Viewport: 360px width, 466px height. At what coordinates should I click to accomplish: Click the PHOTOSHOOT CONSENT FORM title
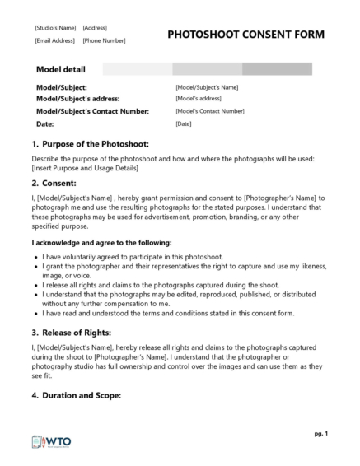(x=245, y=35)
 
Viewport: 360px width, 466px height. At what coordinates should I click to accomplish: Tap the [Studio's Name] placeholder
(x=54, y=28)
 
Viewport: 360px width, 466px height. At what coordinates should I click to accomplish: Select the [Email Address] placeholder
(x=54, y=40)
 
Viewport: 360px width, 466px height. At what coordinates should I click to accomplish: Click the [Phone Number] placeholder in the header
(x=104, y=40)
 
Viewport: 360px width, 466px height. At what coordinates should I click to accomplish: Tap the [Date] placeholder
(x=183, y=123)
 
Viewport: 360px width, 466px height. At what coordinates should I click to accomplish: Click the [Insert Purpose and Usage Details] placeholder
(x=85, y=168)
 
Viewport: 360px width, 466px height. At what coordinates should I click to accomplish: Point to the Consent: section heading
(x=59, y=183)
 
